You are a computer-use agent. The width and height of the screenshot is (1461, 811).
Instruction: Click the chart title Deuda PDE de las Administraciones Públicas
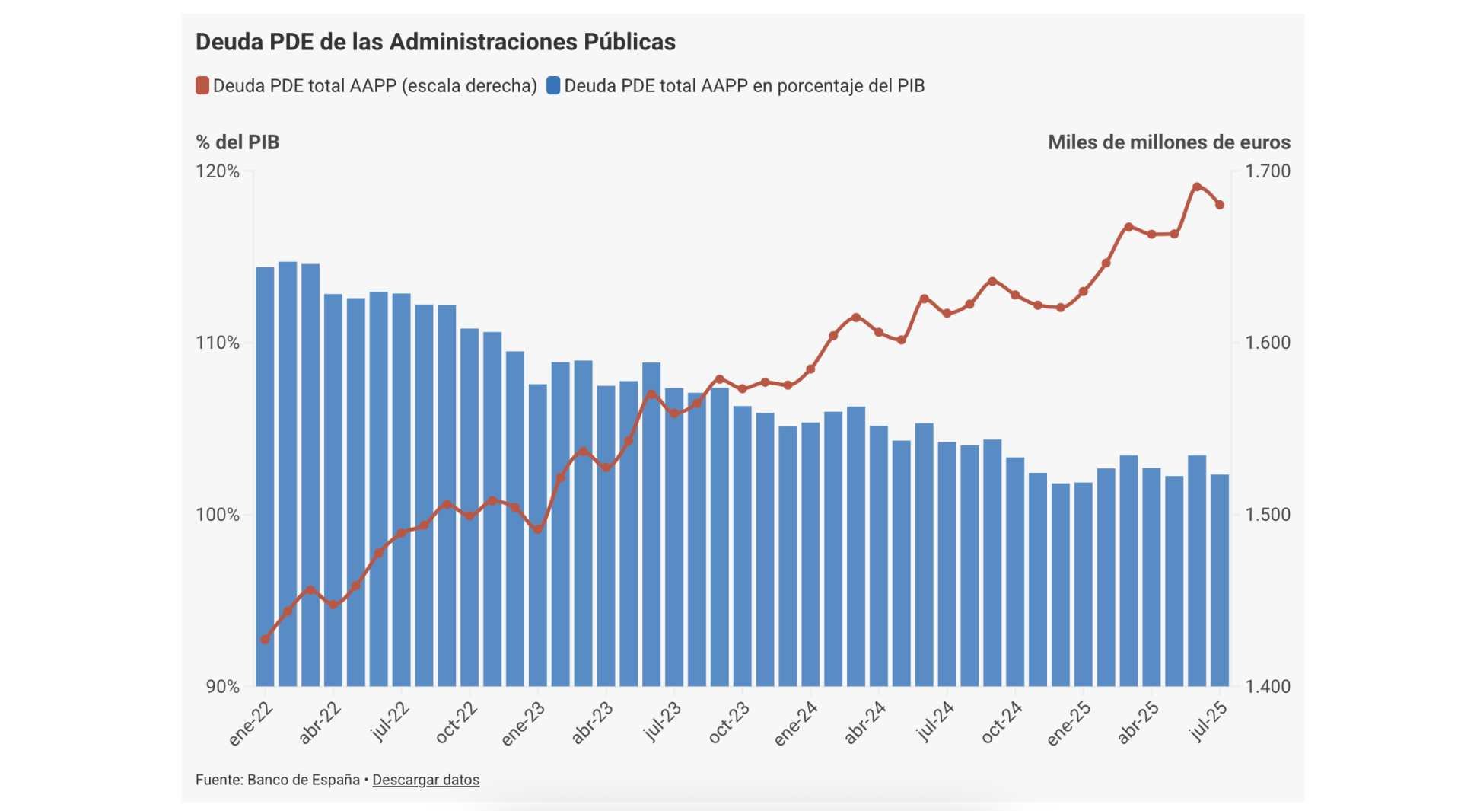[435, 42]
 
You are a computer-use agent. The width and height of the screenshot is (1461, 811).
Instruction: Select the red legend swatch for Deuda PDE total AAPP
[202, 85]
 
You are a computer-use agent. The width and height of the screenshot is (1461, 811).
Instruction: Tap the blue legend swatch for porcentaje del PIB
[553, 85]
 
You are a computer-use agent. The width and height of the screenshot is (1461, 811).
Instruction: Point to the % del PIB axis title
[237, 142]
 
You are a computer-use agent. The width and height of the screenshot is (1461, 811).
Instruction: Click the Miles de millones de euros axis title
[1169, 142]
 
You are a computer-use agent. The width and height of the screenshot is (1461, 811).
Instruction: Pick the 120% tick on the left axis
[218, 171]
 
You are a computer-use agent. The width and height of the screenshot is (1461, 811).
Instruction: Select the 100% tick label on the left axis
[218, 515]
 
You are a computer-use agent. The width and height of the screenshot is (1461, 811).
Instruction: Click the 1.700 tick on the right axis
[1268, 171]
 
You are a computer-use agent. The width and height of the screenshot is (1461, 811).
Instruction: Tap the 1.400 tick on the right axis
[1268, 686]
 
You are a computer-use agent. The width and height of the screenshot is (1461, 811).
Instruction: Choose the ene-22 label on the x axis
[252, 723]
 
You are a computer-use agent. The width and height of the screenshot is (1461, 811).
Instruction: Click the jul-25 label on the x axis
[1208, 721]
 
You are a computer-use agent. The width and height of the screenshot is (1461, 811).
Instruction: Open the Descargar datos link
[425, 780]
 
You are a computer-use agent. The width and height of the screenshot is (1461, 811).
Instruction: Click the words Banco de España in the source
[304, 780]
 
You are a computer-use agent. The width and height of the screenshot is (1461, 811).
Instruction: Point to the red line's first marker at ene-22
[265, 640]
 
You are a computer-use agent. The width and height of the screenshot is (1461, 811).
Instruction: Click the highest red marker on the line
[1197, 187]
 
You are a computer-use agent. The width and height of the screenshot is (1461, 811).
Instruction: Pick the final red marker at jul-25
[1220, 205]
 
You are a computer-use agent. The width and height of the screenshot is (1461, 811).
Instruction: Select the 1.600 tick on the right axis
[1268, 343]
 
